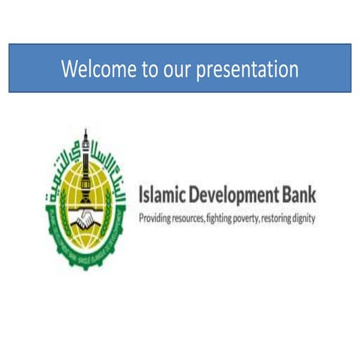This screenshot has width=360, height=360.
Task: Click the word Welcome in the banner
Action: click(x=98, y=70)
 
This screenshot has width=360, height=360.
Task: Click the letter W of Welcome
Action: click(x=69, y=70)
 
